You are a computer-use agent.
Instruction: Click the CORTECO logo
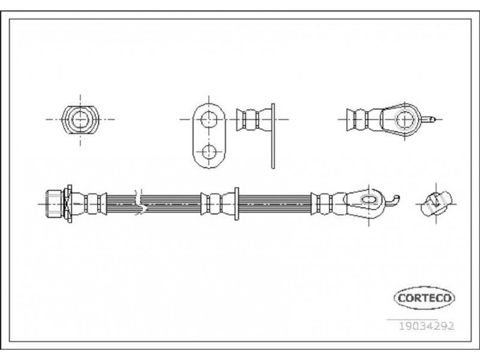tap(424, 298)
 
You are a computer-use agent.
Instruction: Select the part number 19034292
tap(426, 326)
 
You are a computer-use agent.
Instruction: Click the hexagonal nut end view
tap(80, 119)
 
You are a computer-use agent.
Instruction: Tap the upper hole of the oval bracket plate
tap(209, 119)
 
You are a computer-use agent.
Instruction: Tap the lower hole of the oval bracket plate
tap(209, 152)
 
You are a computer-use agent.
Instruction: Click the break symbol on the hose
tap(140, 202)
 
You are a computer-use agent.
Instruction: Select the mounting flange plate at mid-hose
tap(236, 203)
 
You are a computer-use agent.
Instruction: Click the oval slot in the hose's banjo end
tap(368, 200)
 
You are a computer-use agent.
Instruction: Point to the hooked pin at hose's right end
tap(392, 200)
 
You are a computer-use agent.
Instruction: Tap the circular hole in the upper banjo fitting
tap(404, 119)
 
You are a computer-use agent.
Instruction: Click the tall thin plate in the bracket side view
tap(273, 136)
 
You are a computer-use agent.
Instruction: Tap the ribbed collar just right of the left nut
tap(89, 203)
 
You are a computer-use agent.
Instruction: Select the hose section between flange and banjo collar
tap(275, 203)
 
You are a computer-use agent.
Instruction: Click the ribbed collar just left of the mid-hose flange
tap(218, 203)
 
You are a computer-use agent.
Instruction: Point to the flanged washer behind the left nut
tap(68, 203)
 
